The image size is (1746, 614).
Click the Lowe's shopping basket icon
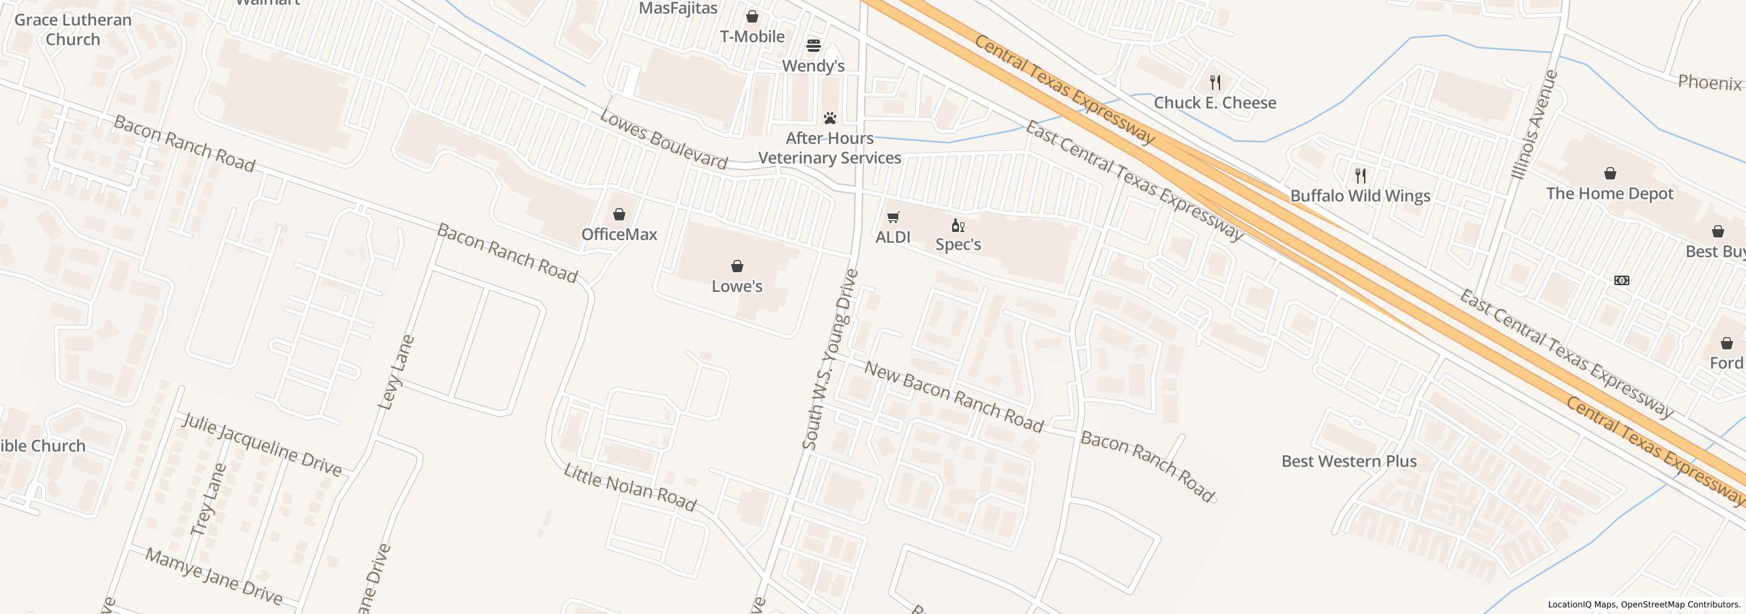(737, 266)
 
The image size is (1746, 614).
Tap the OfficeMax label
(619, 234)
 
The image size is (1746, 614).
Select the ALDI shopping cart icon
(893, 218)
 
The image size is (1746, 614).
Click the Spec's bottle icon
(958, 225)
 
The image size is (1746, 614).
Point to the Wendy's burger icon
(813, 46)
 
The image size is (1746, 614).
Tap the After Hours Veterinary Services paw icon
(829, 118)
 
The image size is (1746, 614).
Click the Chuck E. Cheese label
(1215, 103)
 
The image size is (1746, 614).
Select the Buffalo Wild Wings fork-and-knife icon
(1360, 176)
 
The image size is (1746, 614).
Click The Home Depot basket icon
(1610, 173)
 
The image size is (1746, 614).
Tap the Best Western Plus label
(1348, 461)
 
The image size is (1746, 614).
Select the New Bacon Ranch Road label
(953, 398)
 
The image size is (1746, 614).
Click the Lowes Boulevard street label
(663, 139)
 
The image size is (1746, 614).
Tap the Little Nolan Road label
(630, 488)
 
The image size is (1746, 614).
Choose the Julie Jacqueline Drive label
(262, 444)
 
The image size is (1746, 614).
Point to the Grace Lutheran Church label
(73, 29)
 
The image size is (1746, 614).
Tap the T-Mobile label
(752, 37)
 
